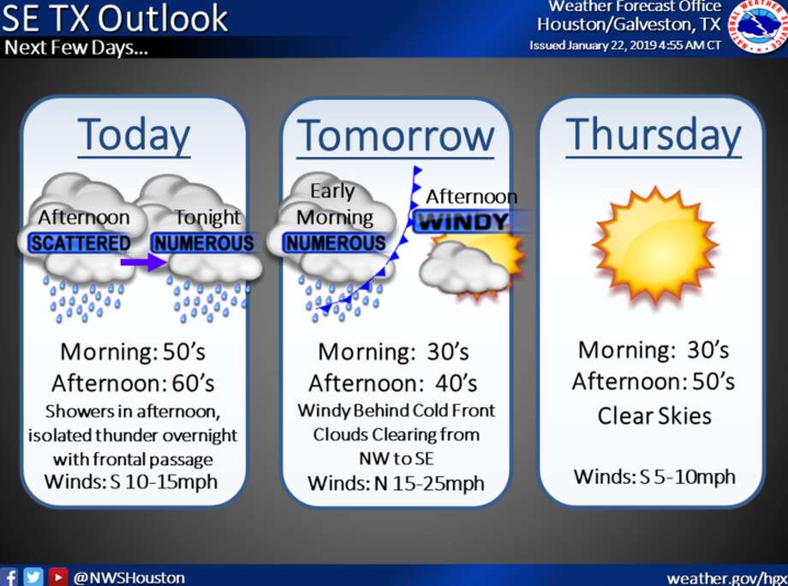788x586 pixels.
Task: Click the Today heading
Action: tap(134, 135)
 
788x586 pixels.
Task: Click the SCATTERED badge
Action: tap(81, 243)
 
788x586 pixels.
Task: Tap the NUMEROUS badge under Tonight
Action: tap(204, 243)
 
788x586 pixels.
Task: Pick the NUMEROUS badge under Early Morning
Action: tap(335, 243)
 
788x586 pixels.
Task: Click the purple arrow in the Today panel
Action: tap(144, 262)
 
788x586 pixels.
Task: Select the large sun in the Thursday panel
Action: tap(655, 245)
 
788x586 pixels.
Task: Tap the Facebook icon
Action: tap(9, 577)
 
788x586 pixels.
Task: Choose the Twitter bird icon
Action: tap(33, 577)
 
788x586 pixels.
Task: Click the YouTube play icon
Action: tap(57, 577)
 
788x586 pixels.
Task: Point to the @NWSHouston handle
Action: tap(129, 577)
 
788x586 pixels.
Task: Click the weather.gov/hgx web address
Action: tap(726, 578)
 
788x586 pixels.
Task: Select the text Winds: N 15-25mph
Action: tap(396, 483)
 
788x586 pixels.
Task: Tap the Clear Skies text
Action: tap(654, 416)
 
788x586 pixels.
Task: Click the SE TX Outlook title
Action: tap(115, 18)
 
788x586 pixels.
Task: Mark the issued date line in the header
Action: tap(625, 45)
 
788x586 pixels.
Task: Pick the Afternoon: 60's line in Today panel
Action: tap(133, 383)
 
